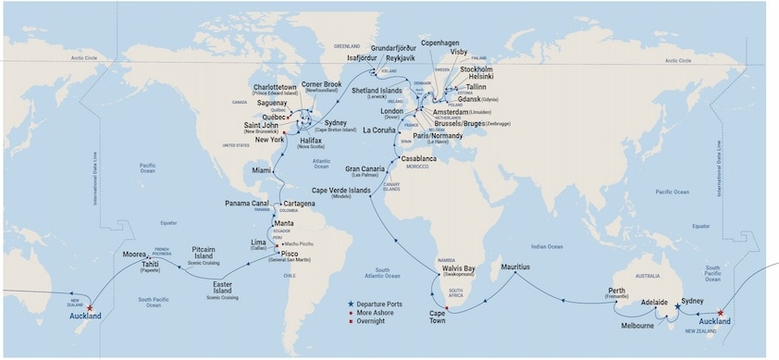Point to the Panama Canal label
[247, 203]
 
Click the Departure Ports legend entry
[385, 304]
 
